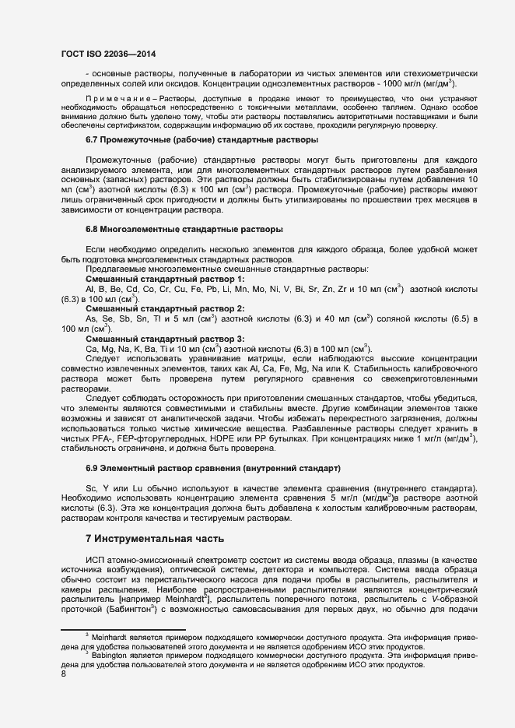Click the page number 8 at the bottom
[63, 674]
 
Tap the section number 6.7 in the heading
[93, 139]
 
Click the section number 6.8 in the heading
[93, 230]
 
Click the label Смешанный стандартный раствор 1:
[165, 279]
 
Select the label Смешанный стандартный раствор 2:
[165, 309]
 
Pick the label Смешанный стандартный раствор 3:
[165, 339]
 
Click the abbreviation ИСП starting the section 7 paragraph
[94, 561]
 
